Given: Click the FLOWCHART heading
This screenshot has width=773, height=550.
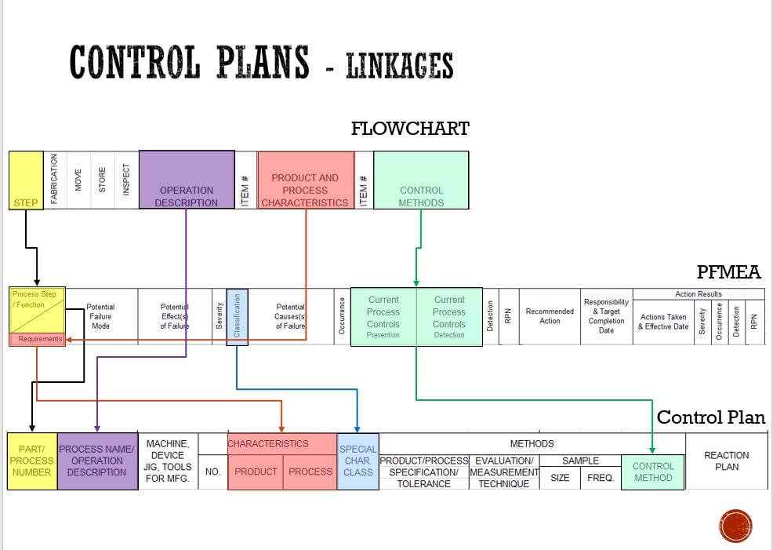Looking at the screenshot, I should pyautogui.click(x=410, y=128).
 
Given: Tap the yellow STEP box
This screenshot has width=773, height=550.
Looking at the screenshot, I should pyautogui.click(x=26, y=180).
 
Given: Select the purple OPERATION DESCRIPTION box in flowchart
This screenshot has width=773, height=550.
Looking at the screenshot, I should pyautogui.click(x=187, y=180).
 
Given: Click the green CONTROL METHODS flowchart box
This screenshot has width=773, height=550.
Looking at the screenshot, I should pyautogui.click(x=421, y=180).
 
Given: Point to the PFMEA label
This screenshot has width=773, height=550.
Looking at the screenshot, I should pyautogui.click(x=728, y=272).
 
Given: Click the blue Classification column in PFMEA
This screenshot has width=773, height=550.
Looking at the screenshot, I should pyautogui.click(x=237, y=317).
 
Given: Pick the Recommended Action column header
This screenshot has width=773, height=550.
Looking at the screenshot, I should pyautogui.click(x=550, y=316).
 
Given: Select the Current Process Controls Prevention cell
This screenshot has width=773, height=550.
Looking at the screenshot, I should pyautogui.click(x=383, y=317).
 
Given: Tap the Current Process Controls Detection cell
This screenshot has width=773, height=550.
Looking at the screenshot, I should pyautogui.click(x=449, y=317).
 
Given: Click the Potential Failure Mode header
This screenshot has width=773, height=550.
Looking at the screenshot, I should pyautogui.click(x=100, y=316).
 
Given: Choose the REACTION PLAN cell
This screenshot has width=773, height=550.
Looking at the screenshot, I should pyautogui.click(x=726, y=461).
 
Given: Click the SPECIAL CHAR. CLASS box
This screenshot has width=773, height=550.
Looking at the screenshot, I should pyautogui.click(x=357, y=461).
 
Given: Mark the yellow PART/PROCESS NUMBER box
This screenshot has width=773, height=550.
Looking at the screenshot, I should pyautogui.click(x=31, y=461).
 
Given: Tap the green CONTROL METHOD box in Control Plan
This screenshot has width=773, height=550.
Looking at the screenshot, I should pyautogui.click(x=652, y=472).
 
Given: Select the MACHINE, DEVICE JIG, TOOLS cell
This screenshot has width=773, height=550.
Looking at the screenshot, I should pyautogui.click(x=167, y=461).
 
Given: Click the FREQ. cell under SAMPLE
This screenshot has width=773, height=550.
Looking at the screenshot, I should pyautogui.click(x=601, y=477).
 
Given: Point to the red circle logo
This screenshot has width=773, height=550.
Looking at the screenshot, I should pyautogui.click(x=735, y=526).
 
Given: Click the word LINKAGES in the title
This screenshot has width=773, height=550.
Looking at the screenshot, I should pyautogui.click(x=399, y=66).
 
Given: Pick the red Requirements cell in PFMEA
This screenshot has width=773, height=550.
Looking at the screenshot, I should pyautogui.click(x=37, y=339).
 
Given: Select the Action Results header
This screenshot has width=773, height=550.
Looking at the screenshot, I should pyautogui.click(x=698, y=294).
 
